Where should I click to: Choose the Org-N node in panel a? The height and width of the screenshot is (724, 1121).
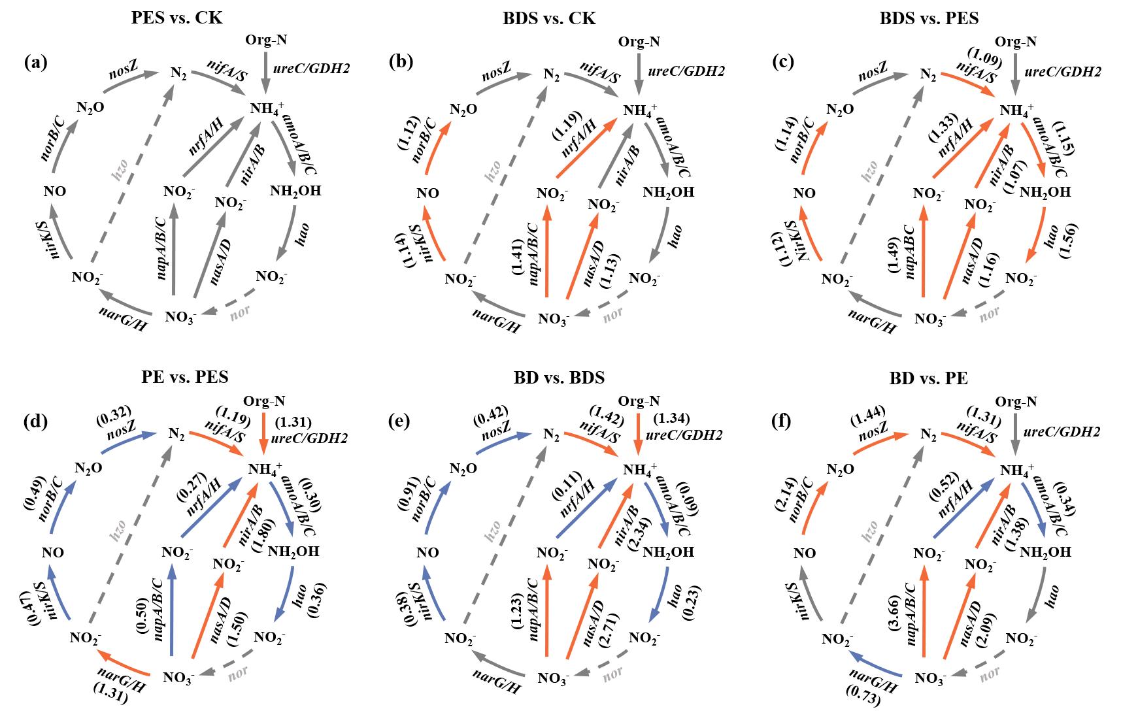click(x=266, y=41)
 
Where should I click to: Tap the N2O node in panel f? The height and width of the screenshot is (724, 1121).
click(x=839, y=469)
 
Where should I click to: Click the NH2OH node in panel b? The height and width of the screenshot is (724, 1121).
click(x=669, y=193)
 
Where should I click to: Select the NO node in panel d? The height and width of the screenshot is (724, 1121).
click(x=54, y=552)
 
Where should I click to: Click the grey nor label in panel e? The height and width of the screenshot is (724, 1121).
click(x=612, y=673)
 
